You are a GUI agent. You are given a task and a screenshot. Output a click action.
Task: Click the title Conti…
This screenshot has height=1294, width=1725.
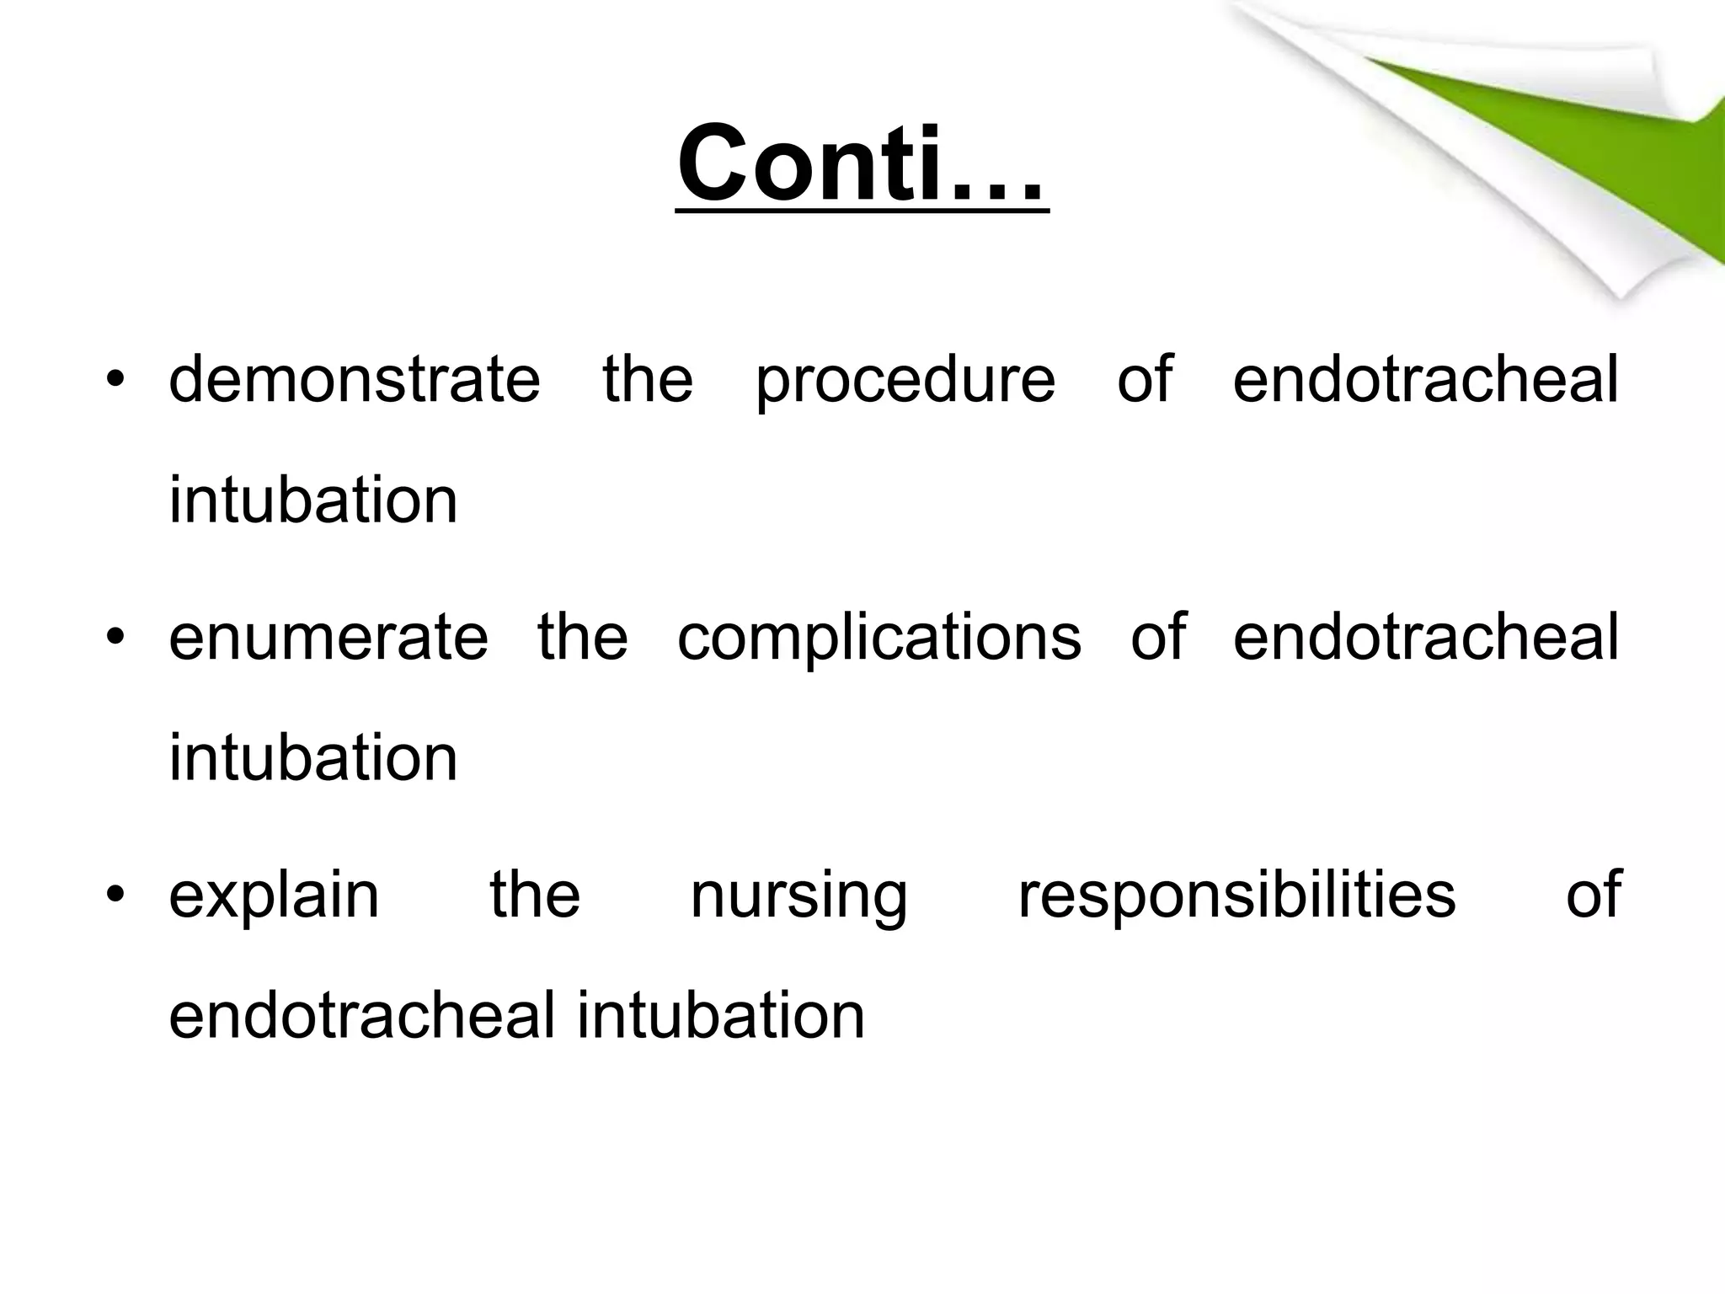862,163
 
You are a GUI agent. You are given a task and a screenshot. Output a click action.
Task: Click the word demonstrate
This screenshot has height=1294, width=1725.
355,380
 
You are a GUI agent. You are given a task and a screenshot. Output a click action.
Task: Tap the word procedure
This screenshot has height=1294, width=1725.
905,380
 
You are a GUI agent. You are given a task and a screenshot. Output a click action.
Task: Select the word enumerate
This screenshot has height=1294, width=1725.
328,638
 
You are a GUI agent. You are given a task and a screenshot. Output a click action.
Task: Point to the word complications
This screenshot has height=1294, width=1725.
879,638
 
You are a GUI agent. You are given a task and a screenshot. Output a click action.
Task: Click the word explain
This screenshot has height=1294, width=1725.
275,896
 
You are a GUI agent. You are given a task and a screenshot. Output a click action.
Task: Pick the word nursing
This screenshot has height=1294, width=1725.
798,896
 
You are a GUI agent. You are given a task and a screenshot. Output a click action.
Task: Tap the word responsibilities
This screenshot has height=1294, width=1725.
1236,896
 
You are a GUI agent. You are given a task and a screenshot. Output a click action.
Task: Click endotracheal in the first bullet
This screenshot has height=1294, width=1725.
1425,380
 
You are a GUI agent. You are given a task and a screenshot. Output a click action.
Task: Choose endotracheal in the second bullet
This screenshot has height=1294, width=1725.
1425,638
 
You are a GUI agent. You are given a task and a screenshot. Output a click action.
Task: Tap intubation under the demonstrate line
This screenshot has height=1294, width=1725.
313,501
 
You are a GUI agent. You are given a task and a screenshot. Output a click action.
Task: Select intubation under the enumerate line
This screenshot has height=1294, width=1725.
313,759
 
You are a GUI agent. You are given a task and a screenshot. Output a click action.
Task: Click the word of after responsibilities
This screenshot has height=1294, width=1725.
1593,896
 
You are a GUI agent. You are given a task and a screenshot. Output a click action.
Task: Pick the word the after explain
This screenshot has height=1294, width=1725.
535,896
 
